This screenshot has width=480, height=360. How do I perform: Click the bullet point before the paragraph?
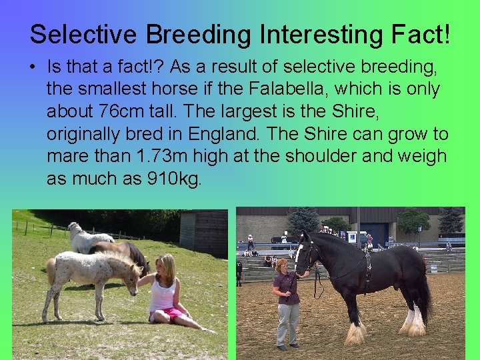pos(33,67)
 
